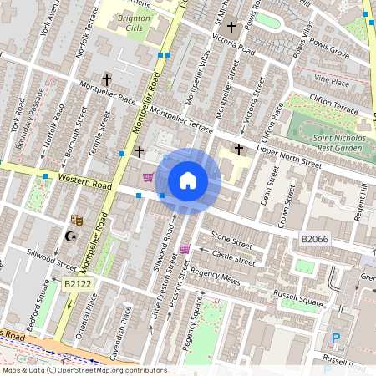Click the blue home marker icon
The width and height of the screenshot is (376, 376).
coord(188,180)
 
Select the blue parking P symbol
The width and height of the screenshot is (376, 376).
coord(337,338)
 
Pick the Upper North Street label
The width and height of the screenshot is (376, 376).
coord(288,155)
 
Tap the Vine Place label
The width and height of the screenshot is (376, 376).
coord(331,82)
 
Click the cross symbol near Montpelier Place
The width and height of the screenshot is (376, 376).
coord(106,81)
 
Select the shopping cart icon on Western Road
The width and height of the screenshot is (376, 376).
coord(148,176)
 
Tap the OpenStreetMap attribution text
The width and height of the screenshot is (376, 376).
coord(84,370)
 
